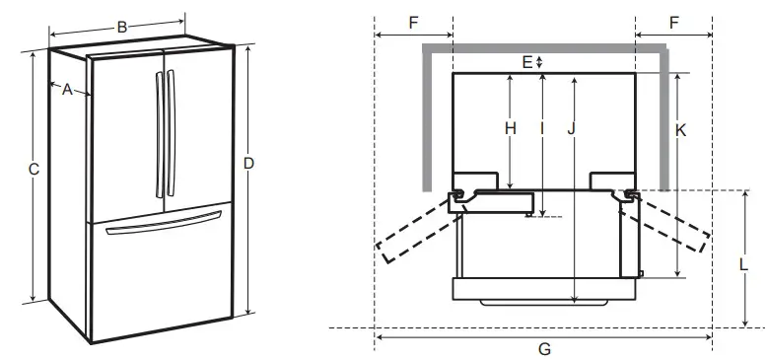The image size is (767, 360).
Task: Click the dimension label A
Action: [67, 90]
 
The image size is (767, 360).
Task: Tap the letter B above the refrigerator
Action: [121, 28]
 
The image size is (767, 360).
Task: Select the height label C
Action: [33, 170]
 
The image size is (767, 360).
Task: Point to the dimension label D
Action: [249, 163]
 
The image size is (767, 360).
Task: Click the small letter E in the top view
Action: [527, 61]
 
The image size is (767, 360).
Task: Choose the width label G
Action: [544, 348]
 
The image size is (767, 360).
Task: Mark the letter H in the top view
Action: [510, 128]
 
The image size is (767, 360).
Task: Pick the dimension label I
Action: [541, 128]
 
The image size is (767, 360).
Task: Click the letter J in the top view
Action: [572, 128]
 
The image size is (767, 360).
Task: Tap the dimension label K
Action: [680, 128]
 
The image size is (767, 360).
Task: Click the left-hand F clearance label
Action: [413, 21]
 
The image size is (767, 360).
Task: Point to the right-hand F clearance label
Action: [673, 21]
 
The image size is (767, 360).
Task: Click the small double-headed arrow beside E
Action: [539, 61]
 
